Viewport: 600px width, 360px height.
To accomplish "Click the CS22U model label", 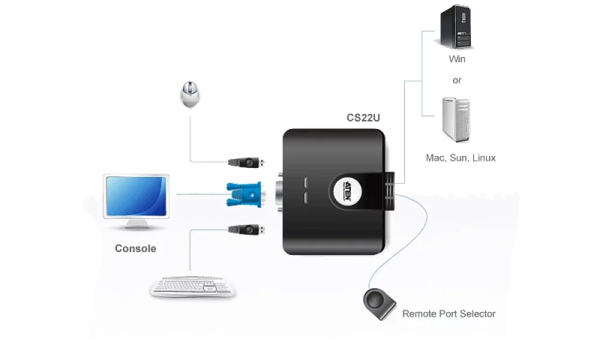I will coord(363,118).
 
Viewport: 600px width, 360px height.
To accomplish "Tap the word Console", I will coord(136,248).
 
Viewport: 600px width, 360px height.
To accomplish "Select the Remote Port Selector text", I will coord(449,314).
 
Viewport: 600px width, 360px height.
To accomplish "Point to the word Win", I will coord(457,59).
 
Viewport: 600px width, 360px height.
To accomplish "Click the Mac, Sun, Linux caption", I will coord(461,158).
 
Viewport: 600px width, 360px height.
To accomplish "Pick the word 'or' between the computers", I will coord(457,80).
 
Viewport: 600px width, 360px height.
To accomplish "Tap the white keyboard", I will coord(193,286).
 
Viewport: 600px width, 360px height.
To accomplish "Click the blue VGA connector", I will coord(242,194).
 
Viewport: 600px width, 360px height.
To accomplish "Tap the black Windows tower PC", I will coord(456,28).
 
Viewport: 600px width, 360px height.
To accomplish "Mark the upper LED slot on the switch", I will coord(304,182).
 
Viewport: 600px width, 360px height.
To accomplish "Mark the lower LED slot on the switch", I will coord(304,197).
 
